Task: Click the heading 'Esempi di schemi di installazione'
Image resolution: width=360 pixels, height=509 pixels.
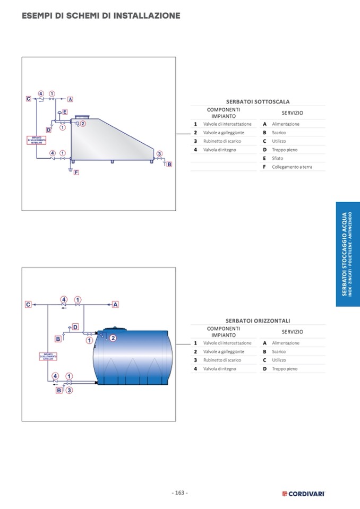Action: point(101,16)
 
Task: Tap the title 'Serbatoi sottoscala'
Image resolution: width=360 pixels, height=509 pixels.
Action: point(258,101)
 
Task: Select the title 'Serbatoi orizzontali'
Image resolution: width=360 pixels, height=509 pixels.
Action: point(258,321)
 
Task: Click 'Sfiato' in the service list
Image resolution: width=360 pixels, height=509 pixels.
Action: point(277,158)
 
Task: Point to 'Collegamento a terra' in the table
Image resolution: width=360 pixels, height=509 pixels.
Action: point(292,167)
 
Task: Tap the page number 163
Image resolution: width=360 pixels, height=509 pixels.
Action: point(179,493)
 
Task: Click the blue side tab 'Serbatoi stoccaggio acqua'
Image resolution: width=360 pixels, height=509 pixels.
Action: point(347,254)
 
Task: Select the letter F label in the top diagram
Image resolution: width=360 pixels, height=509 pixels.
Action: point(76,172)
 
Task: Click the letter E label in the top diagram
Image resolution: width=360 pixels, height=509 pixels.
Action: point(65,112)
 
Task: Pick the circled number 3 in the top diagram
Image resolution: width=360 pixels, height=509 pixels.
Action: point(159,154)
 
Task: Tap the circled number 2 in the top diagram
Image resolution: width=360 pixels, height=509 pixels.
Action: point(83,124)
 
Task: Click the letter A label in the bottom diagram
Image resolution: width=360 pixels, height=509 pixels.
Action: point(115,305)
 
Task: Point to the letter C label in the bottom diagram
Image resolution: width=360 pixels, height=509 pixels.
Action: point(28,305)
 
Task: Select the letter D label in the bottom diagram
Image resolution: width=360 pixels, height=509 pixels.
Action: point(75,327)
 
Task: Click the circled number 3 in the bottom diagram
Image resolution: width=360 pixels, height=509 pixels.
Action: point(69,390)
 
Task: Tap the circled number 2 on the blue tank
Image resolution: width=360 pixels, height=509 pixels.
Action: point(113,338)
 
